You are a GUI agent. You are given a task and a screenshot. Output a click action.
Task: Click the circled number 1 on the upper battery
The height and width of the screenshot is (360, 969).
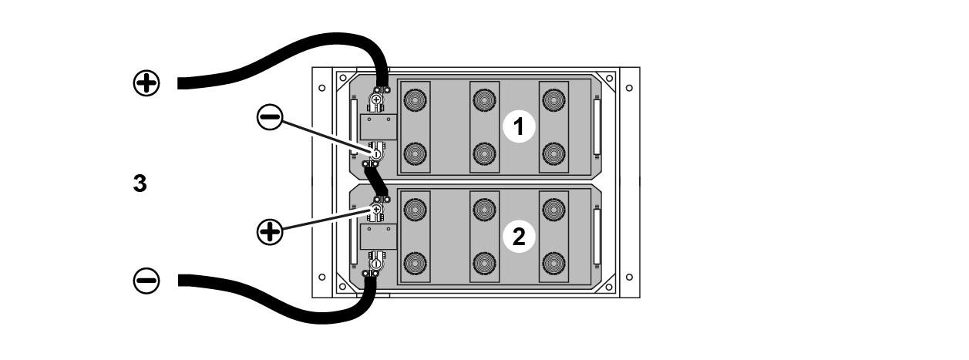click(x=519, y=126)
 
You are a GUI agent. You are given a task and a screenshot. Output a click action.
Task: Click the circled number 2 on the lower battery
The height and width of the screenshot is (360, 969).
click(x=519, y=237)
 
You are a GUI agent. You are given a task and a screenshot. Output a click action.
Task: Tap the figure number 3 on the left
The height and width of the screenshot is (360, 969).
click(x=140, y=184)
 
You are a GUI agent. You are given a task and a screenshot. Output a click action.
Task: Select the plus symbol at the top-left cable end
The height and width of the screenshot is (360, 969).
click(x=146, y=83)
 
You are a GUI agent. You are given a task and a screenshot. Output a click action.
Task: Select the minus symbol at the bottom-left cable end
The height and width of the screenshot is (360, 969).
click(x=146, y=281)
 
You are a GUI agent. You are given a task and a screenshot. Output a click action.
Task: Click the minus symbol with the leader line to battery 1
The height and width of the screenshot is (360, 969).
click(x=270, y=118)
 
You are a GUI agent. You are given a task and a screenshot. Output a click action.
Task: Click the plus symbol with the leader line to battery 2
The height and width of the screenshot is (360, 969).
click(x=270, y=232)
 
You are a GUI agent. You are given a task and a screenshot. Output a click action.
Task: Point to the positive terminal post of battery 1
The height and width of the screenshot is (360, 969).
click(x=376, y=99)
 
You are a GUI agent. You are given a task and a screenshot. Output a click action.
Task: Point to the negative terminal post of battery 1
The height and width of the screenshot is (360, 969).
click(x=376, y=154)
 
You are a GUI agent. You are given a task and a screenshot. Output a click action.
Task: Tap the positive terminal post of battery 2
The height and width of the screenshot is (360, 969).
click(x=376, y=209)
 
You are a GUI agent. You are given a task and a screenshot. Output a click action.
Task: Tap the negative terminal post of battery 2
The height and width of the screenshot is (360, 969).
click(x=375, y=264)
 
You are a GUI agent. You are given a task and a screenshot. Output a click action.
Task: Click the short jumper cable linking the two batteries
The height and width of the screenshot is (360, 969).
click(x=377, y=182)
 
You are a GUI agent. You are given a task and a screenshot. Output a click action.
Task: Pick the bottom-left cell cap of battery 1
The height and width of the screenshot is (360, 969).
click(x=416, y=153)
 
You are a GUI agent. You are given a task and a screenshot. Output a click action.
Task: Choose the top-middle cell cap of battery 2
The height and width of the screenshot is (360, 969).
click(x=484, y=208)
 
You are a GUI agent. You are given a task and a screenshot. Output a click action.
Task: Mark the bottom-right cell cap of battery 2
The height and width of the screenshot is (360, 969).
click(x=553, y=263)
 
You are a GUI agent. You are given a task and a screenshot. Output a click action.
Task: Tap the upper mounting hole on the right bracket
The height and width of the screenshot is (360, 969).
click(x=629, y=87)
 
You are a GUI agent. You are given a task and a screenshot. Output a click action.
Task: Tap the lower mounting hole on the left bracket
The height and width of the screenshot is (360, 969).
click(x=321, y=277)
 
